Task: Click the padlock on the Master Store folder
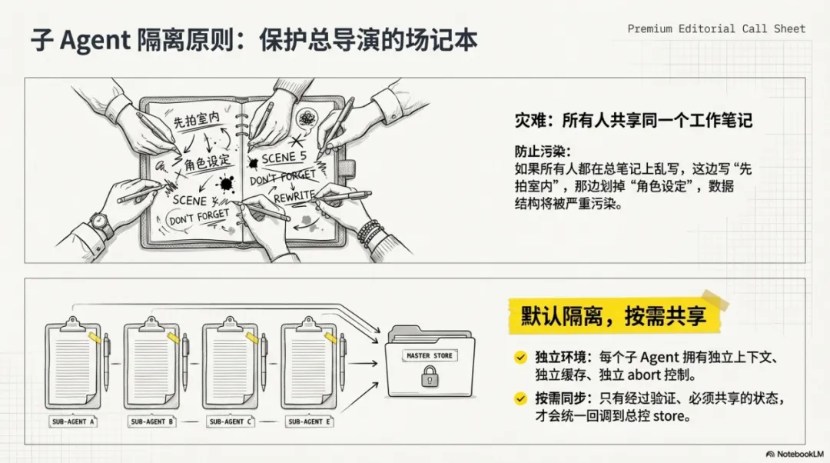(430, 377)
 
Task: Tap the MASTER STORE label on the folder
(430, 356)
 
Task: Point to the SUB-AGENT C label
(228, 421)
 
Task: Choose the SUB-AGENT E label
(308, 421)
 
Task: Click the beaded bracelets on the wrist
(370, 231)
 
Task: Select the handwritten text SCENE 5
(284, 158)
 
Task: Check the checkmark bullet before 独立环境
(520, 357)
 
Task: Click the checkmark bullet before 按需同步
(520, 398)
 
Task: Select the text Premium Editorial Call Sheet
(716, 28)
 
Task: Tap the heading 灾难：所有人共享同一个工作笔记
(632, 121)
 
